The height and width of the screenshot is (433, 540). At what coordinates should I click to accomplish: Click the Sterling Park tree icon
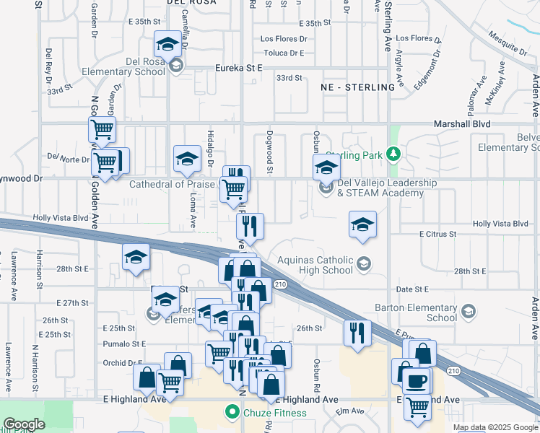tap(393, 154)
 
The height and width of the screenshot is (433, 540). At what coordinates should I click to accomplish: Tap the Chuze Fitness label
tap(274, 414)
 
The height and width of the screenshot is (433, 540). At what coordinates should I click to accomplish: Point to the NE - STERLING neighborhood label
tap(358, 87)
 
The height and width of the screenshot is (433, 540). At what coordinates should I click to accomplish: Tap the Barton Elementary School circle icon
tap(468, 312)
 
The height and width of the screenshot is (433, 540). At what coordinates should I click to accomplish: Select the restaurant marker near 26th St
tap(357, 333)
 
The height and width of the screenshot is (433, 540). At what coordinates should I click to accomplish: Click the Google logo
tap(24, 424)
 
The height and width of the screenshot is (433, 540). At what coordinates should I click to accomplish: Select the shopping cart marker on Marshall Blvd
tap(102, 130)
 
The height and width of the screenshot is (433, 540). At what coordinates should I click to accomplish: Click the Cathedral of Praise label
tap(172, 184)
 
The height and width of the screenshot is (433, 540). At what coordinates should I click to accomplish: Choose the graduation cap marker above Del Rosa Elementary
tap(167, 45)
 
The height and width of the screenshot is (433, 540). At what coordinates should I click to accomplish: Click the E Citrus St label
tap(437, 235)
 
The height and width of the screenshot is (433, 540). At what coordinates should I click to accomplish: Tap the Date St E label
tap(413, 289)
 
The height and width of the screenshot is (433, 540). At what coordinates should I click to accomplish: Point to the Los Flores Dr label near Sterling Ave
tap(418, 38)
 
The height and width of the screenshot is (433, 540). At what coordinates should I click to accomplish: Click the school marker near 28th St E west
tap(136, 257)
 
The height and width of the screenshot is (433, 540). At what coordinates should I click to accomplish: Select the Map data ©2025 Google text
tap(495, 427)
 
